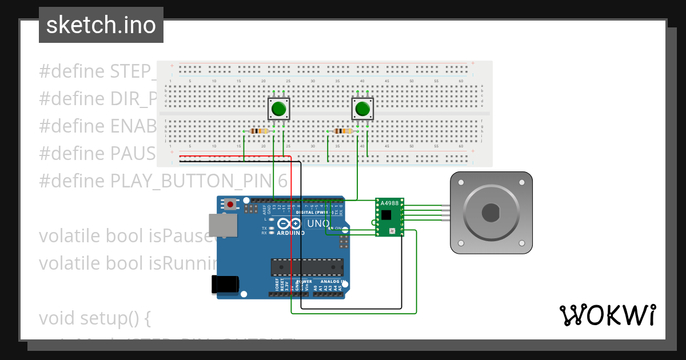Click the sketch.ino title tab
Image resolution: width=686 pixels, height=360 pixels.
(x=101, y=25)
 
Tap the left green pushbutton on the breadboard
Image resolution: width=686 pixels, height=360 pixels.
(x=279, y=109)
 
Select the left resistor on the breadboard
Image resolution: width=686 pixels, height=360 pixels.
(x=260, y=131)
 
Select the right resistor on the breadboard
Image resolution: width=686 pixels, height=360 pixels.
(x=343, y=131)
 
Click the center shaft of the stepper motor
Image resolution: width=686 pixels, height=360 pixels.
(x=492, y=213)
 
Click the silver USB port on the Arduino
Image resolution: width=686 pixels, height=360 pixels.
(x=221, y=226)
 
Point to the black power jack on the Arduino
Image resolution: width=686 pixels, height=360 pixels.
(x=224, y=285)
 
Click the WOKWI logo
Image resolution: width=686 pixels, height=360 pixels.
(x=607, y=315)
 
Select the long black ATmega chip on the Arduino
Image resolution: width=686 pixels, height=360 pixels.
(x=307, y=267)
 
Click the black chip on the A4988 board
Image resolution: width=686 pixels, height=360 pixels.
(x=387, y=215)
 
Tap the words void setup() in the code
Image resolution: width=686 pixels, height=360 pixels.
(x=95, y=318)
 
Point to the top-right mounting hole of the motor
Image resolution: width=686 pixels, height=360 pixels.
(x=521, y=182)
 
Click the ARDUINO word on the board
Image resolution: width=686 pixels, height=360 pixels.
(x=290, y=233)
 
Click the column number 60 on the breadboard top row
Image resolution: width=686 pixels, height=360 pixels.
(x=461, y=81)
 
